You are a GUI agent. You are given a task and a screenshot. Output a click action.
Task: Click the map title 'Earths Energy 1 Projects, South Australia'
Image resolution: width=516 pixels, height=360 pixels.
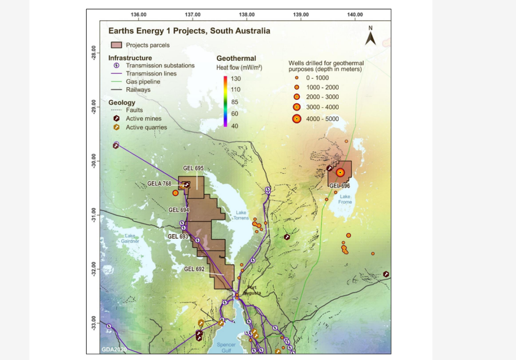click(189, 31)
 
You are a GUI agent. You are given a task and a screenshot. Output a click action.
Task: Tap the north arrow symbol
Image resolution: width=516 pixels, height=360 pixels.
click(370, 37)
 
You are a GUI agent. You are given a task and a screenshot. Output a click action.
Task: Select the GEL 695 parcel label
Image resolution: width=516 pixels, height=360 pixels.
click(193, 168)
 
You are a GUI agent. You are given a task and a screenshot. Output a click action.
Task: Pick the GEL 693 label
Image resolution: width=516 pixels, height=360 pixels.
click(178, 236)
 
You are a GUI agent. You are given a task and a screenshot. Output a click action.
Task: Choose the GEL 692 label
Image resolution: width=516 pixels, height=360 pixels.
click(194, 269)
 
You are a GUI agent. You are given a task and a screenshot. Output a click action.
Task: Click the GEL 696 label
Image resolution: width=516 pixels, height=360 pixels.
click(339, 186)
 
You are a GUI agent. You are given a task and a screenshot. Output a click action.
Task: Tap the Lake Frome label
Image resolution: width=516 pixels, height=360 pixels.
click(345, 199)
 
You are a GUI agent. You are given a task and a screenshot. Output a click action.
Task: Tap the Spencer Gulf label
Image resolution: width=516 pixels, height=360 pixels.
click(226, 347)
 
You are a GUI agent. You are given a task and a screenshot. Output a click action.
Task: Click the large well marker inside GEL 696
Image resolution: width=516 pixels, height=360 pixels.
click(340, 172)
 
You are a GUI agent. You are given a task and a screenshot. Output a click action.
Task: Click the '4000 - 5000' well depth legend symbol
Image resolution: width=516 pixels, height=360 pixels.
click(297, 119)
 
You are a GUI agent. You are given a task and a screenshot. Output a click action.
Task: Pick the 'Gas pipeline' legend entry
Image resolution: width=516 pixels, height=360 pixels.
click(143, 82)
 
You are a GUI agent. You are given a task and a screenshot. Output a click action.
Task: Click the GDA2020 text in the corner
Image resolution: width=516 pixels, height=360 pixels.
click(114, 349)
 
